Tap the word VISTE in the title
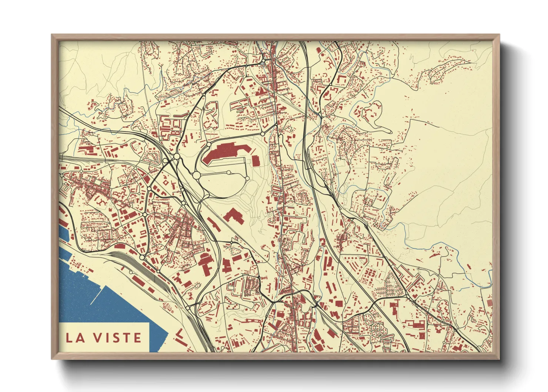pos(117,338)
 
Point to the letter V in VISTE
pos(96,338)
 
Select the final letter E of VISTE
pos(137,338)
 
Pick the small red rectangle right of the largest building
pos(255,160)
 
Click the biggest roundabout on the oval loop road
pos(196,175)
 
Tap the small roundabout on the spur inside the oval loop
pos(229,172)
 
